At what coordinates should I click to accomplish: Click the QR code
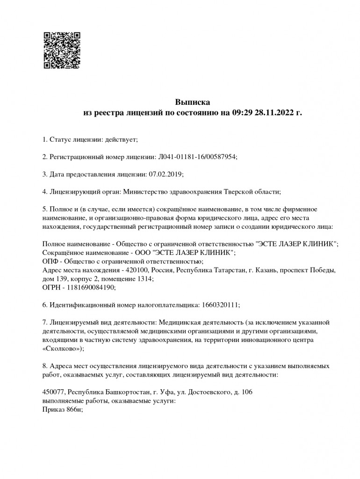pyautogui.click(x=62, y=50)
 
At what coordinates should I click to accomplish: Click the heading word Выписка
pyautogui.click(x=193, y=102)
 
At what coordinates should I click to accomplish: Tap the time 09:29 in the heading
pyautogui.click(x=242, y=113)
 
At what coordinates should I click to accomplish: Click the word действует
pyautogui.click(x=122, y=139)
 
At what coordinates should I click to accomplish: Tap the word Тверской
pyautogui.click(x=239, y=191)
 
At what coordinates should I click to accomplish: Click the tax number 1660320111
pyautogui.click(x=219, y=305)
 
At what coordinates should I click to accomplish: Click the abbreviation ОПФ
pyautogui.click(x=50, y=261)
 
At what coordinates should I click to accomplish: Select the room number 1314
pyautogui.click(x=144, y=278)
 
